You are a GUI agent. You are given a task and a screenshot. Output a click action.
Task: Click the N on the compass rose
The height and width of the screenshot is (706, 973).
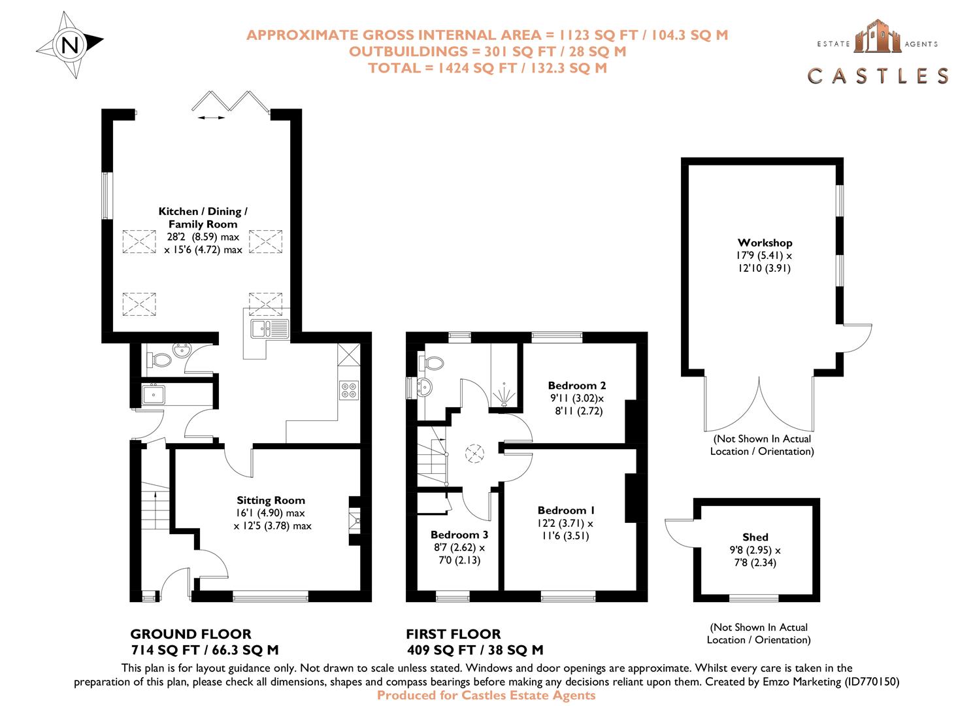[x=70, y=45]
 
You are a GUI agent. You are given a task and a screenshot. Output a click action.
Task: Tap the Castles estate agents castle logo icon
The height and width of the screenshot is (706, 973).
[x=877, y=37]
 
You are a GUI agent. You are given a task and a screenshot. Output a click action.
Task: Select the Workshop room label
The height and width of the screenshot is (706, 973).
[x=765, y=243]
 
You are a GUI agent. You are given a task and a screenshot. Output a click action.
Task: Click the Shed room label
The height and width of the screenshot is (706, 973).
[x=755, y=537]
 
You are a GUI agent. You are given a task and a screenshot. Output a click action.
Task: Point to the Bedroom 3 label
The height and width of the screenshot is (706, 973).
[x=459, y=535]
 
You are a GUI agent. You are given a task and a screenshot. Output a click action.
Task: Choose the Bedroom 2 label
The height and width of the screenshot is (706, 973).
[x=576, y=386]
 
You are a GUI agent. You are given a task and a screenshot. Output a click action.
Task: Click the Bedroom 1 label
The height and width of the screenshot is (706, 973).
[x=566, y=510]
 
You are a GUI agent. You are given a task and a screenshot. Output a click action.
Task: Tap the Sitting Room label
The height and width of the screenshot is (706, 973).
[x=271, y=500]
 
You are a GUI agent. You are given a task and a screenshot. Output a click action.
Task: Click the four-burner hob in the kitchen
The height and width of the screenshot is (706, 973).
[x=348, y=390]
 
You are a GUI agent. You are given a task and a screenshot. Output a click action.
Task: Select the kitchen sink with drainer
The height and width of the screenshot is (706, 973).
[x=269, y=328]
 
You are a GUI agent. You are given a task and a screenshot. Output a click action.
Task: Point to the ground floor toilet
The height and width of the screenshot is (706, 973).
[x=159, y=360]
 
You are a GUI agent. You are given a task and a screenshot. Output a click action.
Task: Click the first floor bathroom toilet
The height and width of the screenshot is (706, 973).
[x=433, y=362]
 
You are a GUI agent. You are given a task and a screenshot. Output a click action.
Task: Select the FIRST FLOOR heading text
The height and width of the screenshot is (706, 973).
[x=453, y=633]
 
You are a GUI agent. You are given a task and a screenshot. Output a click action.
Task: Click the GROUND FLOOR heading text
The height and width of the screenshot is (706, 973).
[x=190, y=633]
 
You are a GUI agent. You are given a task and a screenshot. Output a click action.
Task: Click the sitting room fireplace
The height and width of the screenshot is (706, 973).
[x=354, y=520]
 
